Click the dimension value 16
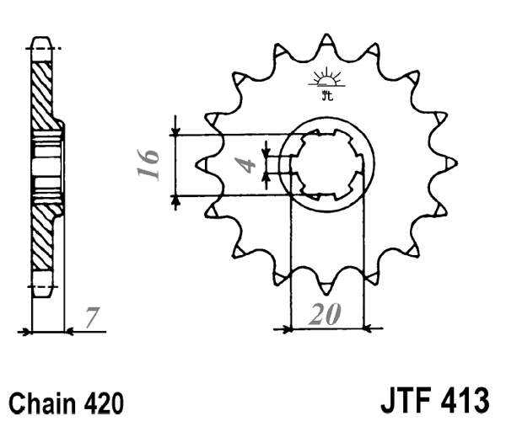149,165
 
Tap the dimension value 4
246,163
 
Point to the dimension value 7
92,318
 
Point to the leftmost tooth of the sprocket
202,163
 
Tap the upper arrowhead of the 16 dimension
175,131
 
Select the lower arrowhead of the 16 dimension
175,200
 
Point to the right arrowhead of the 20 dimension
366,328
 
